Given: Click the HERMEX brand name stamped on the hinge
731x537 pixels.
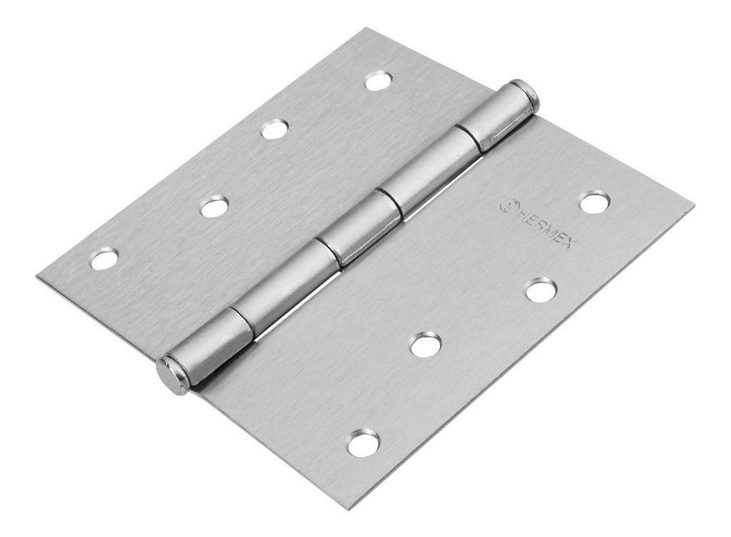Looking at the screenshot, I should (x=547, y=227).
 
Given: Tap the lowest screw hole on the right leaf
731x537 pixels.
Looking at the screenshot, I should (x=363, y=443).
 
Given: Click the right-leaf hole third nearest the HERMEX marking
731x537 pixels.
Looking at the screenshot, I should (x=425, y=345).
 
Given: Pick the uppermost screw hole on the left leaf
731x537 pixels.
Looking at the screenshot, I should (x=378, y=81).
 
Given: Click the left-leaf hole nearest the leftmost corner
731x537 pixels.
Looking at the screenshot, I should (x=104, y=258).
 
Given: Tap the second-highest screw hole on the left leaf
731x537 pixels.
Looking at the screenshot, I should (x=274, y=129).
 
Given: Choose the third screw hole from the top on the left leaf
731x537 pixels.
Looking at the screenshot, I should (x=213, y=207).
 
